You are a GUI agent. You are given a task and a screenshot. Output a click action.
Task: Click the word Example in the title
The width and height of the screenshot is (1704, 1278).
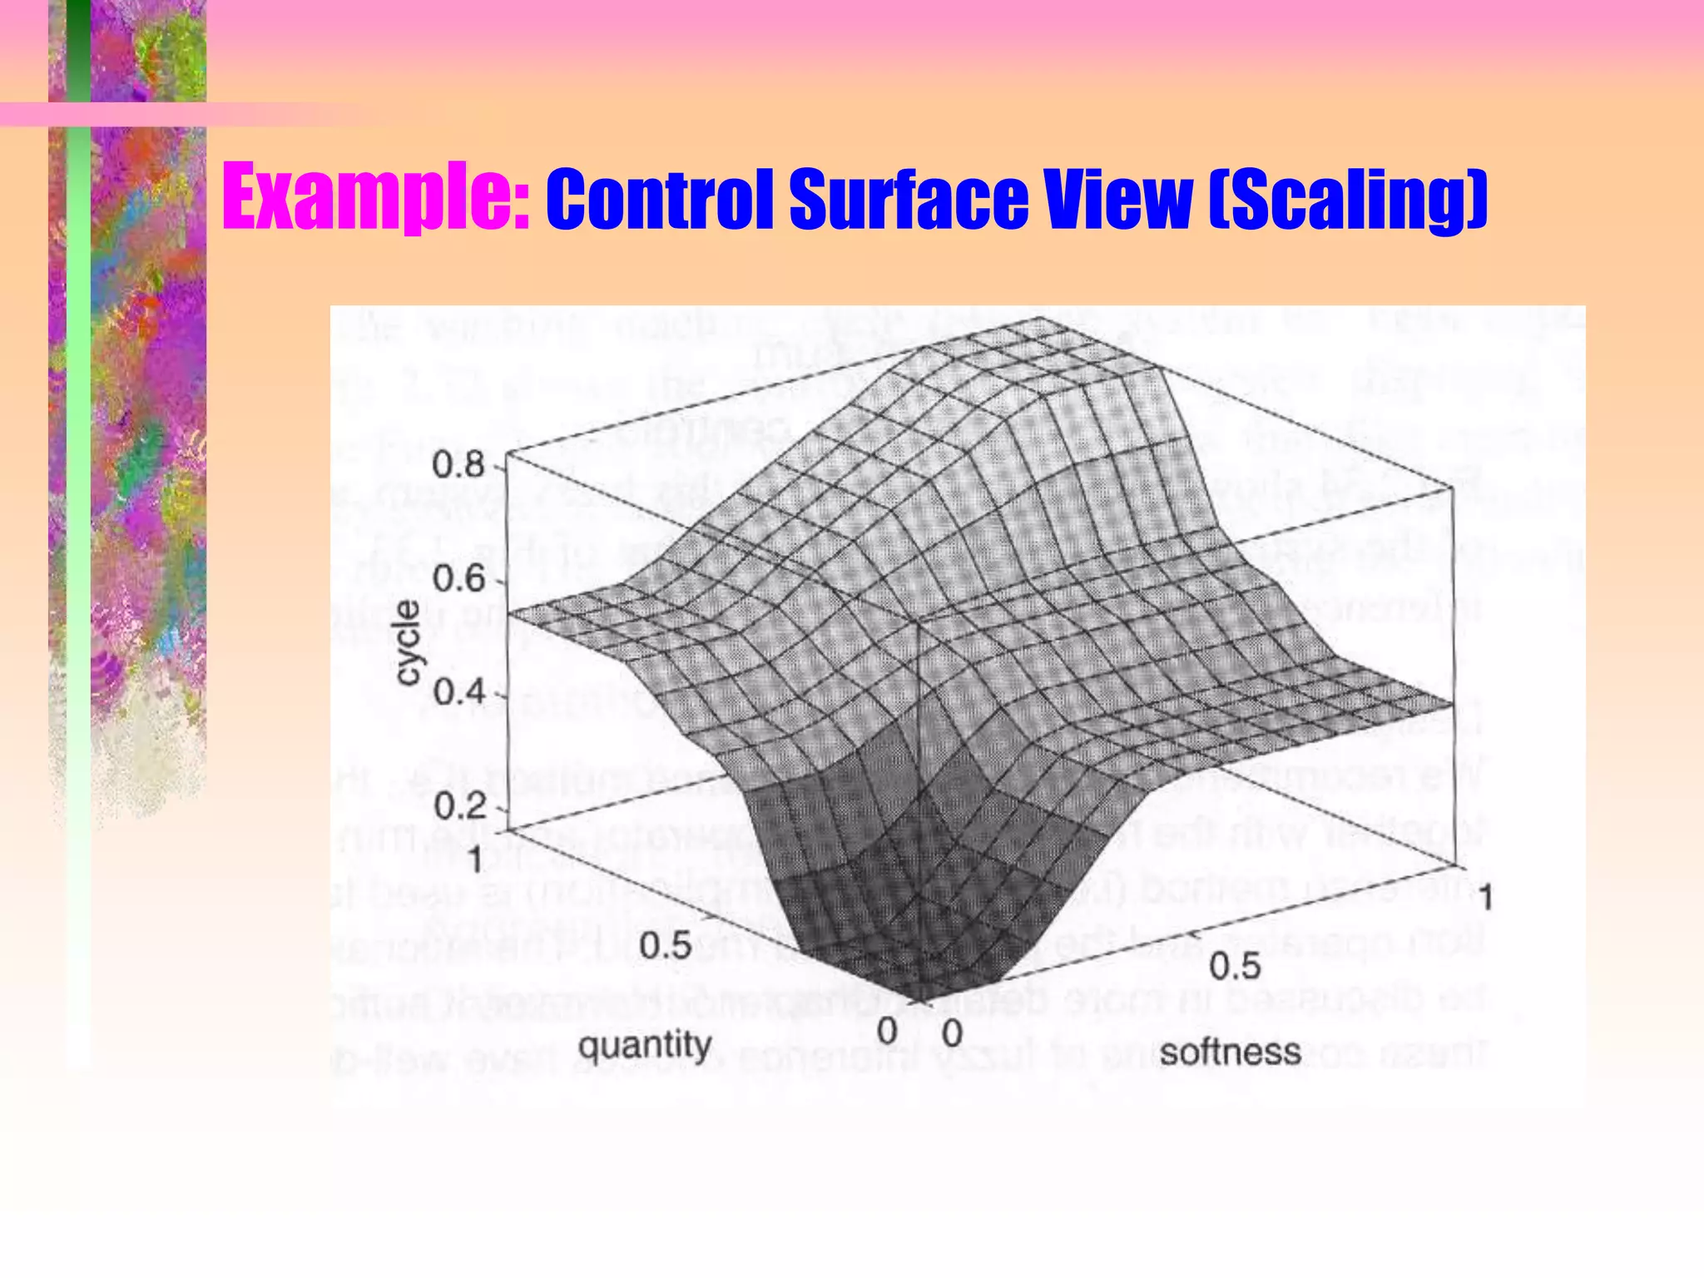tap(366, 200)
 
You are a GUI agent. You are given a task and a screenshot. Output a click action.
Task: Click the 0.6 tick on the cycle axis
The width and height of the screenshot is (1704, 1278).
tap(458, 580)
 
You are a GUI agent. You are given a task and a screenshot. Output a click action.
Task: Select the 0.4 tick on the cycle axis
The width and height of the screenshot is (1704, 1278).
tap(458, 691)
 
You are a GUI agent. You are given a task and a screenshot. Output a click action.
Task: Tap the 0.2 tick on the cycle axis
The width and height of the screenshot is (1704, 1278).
tap(458, 805)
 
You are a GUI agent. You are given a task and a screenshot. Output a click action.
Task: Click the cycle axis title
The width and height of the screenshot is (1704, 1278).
tap(408, 643)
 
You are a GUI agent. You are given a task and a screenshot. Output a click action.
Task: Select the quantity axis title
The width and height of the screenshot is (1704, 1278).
tap(645, 1046)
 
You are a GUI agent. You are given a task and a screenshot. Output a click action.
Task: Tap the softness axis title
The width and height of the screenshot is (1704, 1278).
tap(1230, 1053)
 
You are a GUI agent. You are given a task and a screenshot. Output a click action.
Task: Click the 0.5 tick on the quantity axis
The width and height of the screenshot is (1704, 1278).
tap(666, 946)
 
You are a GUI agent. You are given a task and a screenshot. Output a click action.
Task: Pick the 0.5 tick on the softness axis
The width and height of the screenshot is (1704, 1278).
tap(1235, 967)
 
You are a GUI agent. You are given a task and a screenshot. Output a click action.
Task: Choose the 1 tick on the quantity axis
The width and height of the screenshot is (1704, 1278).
tap(475, 859)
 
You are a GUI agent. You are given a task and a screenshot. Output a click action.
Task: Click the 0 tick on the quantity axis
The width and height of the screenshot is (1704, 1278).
tap(887, 1032)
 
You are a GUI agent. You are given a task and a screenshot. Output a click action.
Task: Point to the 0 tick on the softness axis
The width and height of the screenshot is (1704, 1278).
tap(952, 1033)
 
